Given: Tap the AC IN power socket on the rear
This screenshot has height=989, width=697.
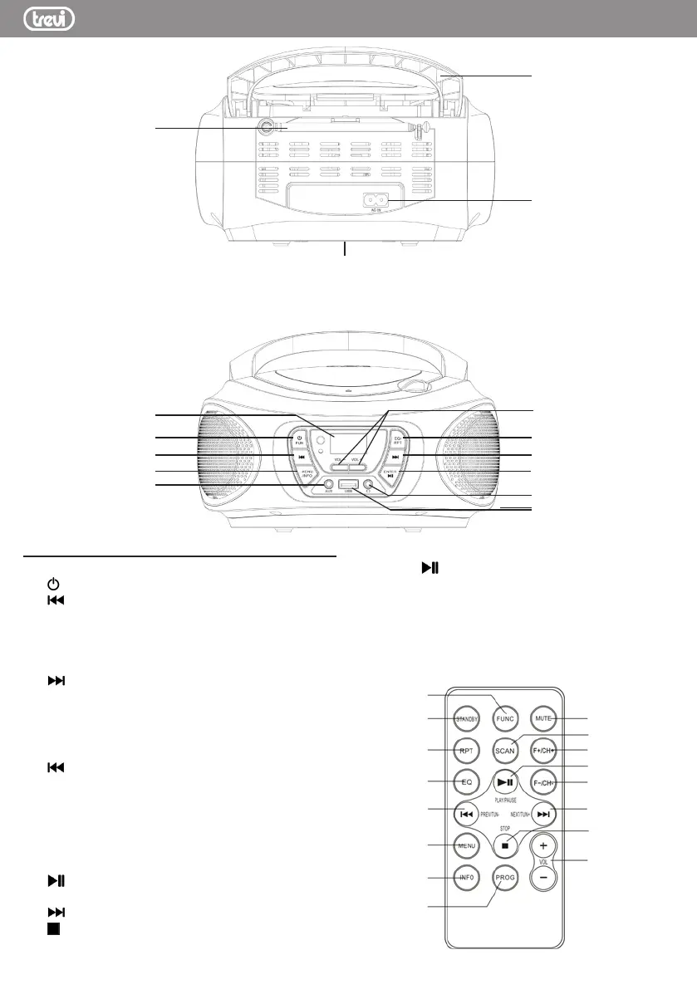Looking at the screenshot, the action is click(x=377, y=200).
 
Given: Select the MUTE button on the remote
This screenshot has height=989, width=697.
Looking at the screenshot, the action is click(x=543, y=717).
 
